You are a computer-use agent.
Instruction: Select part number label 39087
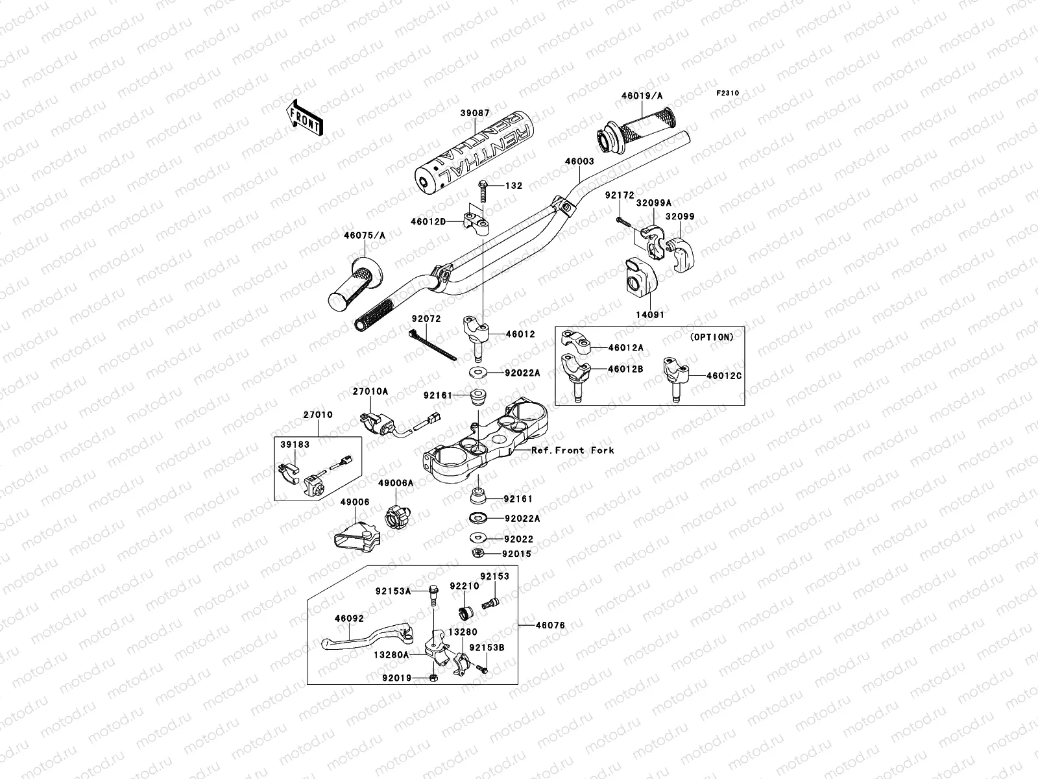click(x=475, y=113)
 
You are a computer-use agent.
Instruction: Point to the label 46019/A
click(x=642, y=96)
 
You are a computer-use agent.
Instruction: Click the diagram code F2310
click(x=727, y=93)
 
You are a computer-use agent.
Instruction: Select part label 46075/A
click(x=365, y=236)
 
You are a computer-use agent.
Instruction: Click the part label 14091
click(x=649, y=315)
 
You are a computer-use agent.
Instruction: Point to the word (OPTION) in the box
click(x=712, y=337)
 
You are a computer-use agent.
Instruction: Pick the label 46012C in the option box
click(x=724, y=375)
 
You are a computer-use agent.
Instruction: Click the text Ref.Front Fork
click(x=572, y=450)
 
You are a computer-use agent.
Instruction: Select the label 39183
click(x=295, y=445)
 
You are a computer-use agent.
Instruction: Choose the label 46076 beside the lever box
click(x=549, y=625)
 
